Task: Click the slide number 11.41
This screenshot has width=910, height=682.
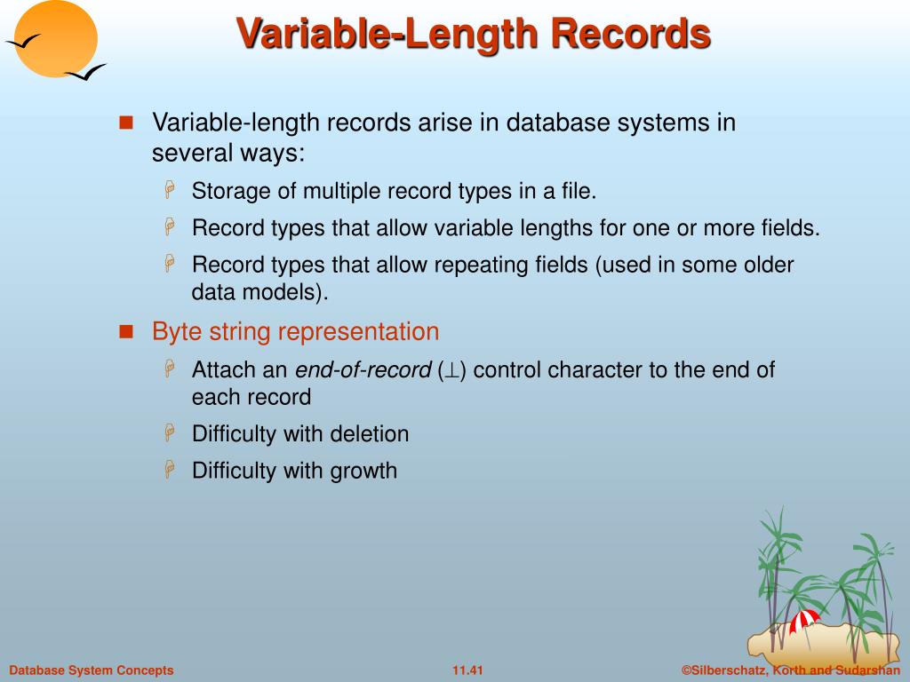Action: (x=467, y=670)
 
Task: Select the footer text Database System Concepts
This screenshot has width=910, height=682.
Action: (x=92, y=670)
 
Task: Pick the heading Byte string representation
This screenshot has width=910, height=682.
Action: (x=295, y=332)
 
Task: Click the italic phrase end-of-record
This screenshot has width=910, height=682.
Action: (x=363, y=370)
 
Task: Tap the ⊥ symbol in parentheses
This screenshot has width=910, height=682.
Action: (x=451, y=370)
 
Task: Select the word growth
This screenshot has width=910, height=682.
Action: (x=364, y=471)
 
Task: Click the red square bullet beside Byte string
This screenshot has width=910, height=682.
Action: (x=125, y=332)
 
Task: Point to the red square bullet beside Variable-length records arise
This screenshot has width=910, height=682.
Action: (x=125, y=123)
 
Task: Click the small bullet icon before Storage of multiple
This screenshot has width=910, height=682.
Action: (x=171, y=191)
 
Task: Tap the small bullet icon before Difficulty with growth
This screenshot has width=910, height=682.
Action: (x=171, y=471)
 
